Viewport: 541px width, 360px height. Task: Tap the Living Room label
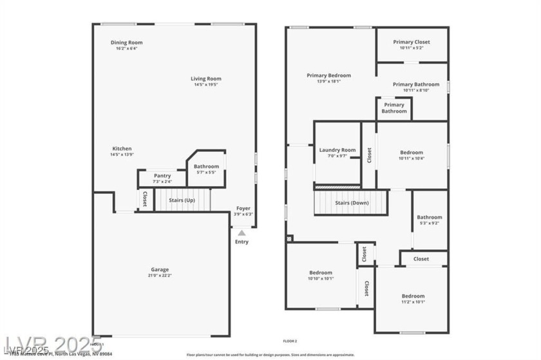pos(205,79)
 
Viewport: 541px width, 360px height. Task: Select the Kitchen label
pos(122,149)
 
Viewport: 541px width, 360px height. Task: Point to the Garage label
pos(160,269)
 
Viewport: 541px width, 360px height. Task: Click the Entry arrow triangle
pos(242,232)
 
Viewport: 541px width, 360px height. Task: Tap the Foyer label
pos(243,208)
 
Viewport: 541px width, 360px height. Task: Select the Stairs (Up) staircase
pos(182,200)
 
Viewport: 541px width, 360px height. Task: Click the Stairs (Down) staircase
pos(351,202)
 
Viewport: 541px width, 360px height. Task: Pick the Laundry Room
pos(337,153)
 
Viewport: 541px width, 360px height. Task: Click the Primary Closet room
pos(412,44)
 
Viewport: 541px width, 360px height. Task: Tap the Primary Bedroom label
pos(328,75)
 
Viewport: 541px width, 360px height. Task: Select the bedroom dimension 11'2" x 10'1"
pos(413,301)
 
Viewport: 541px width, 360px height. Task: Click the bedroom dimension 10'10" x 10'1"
pos(320,278)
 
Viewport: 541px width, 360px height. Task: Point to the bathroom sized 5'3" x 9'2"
pos(430,223)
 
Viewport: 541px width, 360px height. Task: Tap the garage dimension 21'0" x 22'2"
pos(160,275)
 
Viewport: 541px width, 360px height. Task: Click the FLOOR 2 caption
pos(290,341)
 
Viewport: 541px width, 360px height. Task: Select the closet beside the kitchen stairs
pos(145,199)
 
